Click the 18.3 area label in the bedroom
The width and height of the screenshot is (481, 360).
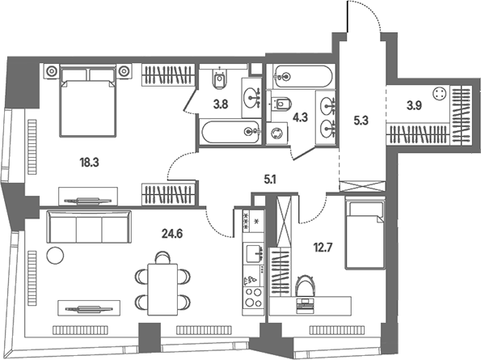tap(89, 163)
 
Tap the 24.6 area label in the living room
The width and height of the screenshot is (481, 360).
tap(172, 234)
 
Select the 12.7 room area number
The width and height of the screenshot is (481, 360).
tap(323, 247)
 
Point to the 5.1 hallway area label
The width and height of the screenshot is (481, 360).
tap(270, 180)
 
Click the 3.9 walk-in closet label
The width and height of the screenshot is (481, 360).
tap(414, 106)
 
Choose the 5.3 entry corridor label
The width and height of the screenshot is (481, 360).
tap(361, 121)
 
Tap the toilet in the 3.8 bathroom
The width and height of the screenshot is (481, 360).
tap(220, 78)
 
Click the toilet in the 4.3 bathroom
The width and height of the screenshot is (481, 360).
tap(281, 104)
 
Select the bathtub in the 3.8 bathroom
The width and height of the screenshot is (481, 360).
tap(230, 132)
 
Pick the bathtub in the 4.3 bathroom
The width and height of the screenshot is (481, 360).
tap(302, 76)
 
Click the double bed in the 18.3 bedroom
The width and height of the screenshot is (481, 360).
tap(88, 100)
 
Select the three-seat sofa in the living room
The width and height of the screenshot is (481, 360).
tap(89, 227)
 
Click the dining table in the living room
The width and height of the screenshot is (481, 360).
tap(162, 289)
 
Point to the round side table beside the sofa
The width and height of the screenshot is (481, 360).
tap(55, 255)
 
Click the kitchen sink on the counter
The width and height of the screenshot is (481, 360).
tap(253, 253)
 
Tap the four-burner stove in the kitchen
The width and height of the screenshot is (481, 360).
tap(253, 298)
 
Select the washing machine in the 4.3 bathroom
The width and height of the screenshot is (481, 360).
tap(277, 133)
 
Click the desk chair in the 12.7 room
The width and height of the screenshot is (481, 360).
tap(306, 286)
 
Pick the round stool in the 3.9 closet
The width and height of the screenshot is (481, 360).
tap(439, 93)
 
